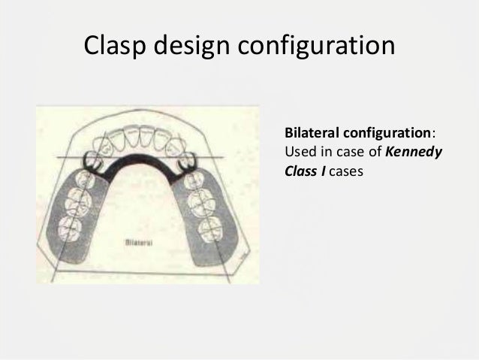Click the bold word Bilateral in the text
coord(311,133)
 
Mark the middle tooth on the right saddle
coord(203,201)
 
